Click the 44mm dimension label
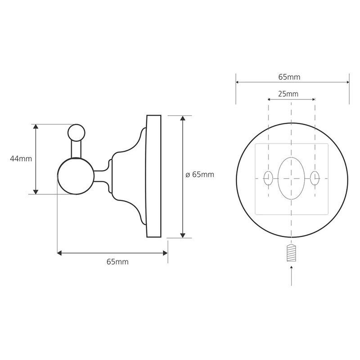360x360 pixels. click(21, 159)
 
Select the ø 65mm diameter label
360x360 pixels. click(200, 175)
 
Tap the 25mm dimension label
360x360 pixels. click(288, 94)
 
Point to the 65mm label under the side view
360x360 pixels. click(117, 262)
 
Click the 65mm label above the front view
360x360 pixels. click(289, 77)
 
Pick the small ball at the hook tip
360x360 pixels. click(76, 133)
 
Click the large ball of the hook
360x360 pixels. click(76, 176)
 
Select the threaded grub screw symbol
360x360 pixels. click(291, 253)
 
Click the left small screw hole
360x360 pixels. click(268, 178)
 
